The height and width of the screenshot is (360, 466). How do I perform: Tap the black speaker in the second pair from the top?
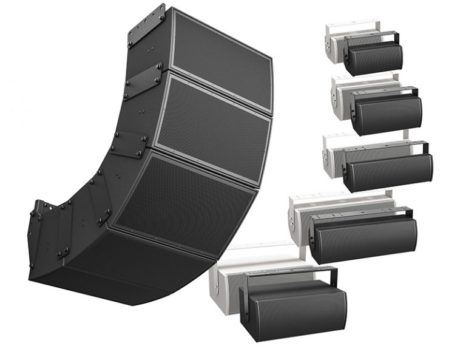click(386, 115)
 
